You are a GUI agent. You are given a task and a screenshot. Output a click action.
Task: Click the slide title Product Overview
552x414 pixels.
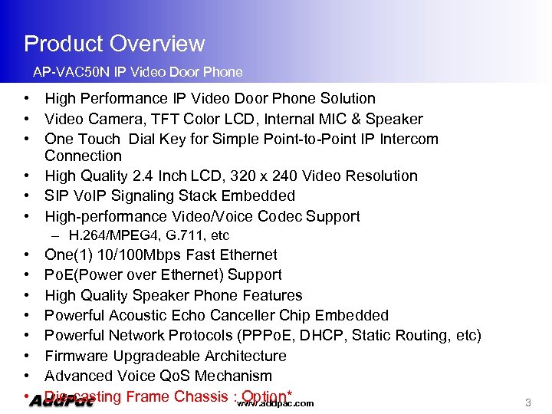click(x=114, y=44)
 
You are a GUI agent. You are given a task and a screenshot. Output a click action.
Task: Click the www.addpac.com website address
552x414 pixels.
click(x=275, y=403)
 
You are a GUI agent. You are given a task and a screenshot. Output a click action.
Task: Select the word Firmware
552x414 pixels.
click(x=77, y=356)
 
